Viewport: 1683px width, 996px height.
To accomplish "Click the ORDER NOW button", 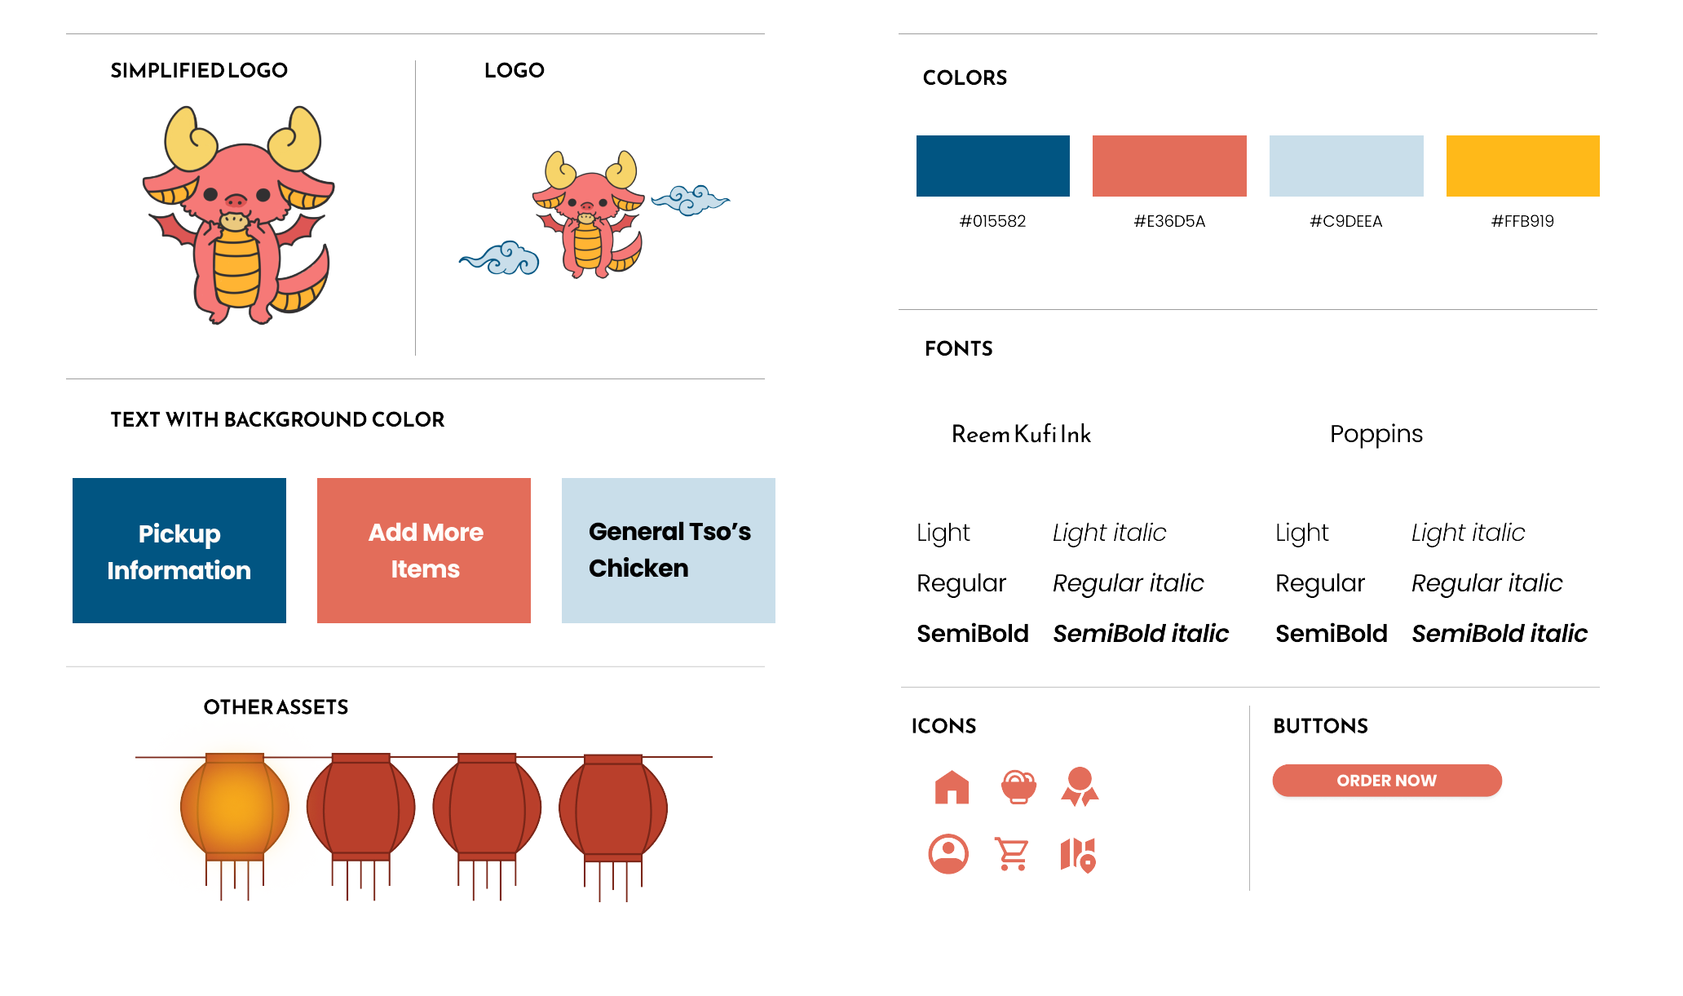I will point(1386,781).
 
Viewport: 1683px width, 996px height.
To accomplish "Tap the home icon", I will point(952,788).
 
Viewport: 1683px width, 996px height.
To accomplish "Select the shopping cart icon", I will point(1012,854).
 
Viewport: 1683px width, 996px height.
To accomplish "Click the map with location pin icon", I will point(1078,855).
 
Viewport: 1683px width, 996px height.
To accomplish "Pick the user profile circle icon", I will point(948,854).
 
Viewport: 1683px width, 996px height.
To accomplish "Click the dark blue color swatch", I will point(992,166).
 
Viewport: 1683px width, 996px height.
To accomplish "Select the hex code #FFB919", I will point(1522,221).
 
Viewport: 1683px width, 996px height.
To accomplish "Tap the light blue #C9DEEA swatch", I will point(1345,166).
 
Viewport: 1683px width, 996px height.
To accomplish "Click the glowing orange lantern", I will point(235,808).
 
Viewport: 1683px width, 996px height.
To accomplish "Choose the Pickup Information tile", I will point(179,551).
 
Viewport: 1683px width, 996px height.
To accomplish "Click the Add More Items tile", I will point(424,551).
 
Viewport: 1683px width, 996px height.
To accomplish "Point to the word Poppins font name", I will point(1376,434).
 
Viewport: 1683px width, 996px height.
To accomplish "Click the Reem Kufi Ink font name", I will point(1021,434).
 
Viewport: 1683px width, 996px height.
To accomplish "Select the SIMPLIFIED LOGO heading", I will point(199,71).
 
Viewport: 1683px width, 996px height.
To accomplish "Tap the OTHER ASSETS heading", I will point(276,707).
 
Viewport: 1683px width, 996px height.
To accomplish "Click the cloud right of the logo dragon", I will point(691,200).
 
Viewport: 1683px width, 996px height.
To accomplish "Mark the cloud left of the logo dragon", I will point(500,259).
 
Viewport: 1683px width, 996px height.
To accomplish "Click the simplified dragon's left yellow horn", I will point(190,139).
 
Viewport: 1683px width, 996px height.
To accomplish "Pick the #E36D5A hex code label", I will point(1168,221).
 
